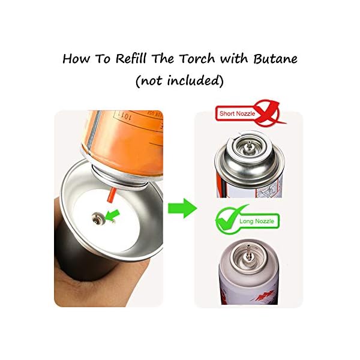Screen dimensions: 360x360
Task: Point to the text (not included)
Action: (180, 81)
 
